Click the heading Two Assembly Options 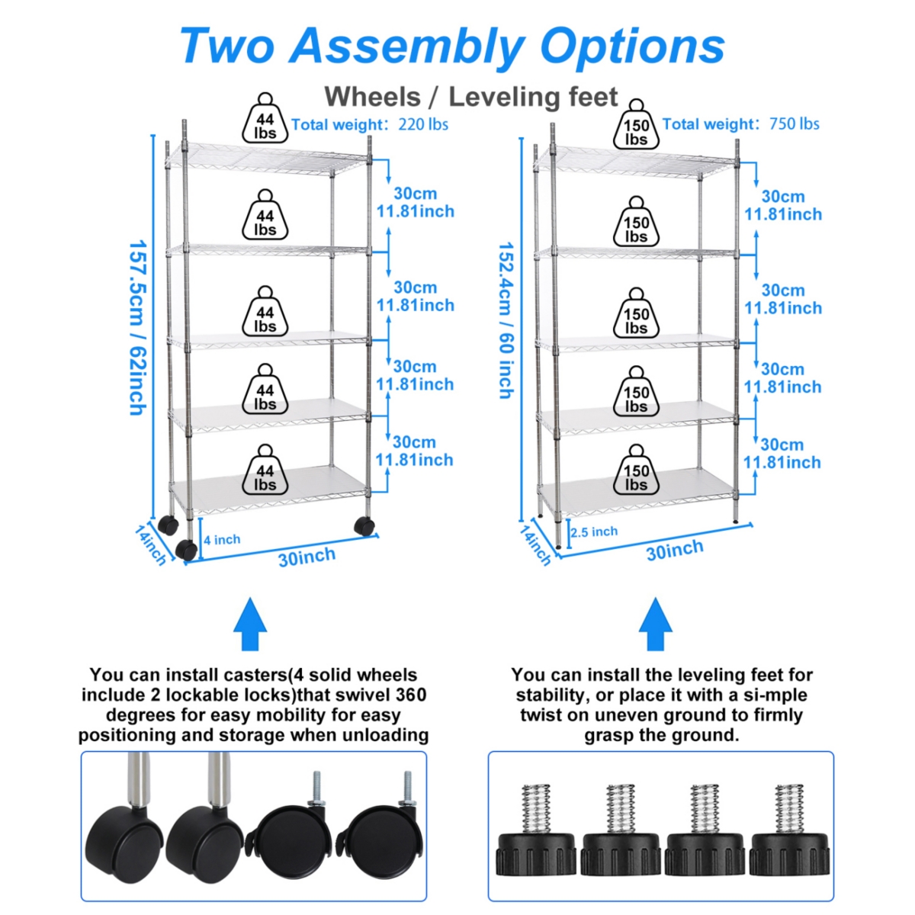click(x=451, y=46)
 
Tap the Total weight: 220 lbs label click(x=370, y=124)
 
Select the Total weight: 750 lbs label click(x=740, y=124)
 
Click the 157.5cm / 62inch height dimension click(x=137, y=328)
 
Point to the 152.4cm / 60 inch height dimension click(x=506, y=320)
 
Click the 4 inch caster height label click(x=222, y=540)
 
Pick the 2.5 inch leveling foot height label click(x=594, y=531)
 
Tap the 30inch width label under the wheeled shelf click(x=307, y=557)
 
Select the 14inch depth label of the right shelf click(x=535, y=544)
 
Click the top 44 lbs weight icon click(x=265, y=120)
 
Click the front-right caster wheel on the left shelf click(x=364, y=525)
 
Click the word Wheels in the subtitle click(x=372, y=97)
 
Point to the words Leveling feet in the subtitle click(x=533, y=97)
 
